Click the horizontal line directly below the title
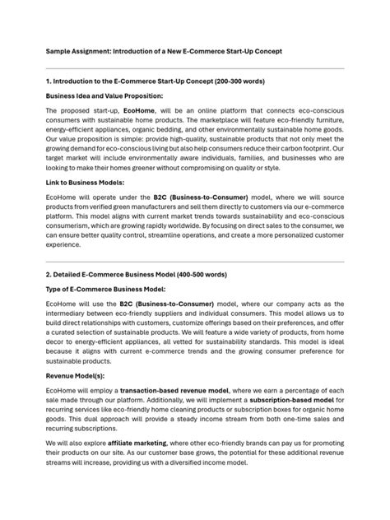pyautogui.click(x=195, y=67)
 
